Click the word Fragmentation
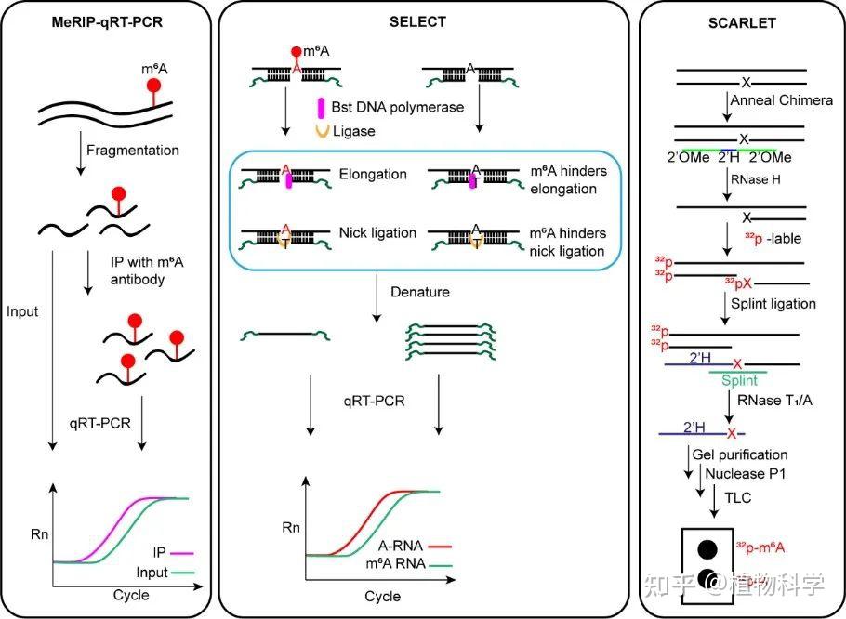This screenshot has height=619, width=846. [x=132, y=149]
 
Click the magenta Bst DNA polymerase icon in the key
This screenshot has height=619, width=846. [x=322, y=107]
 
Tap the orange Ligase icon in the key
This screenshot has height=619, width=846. [x=322, y=131]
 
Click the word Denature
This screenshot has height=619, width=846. [x=419, y=292]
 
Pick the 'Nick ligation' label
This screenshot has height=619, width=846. [x=377, y=232]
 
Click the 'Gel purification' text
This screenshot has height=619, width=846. [x=740, y=454]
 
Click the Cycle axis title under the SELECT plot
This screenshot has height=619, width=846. [x=382, y=596]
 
